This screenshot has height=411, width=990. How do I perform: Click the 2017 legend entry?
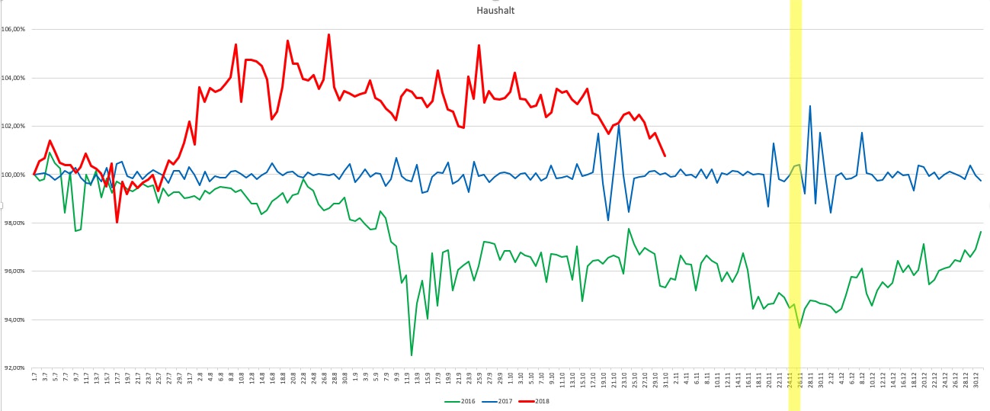click(503, 401)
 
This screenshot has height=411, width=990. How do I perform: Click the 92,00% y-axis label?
click(15, 368)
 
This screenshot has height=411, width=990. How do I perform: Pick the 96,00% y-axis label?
click(15, 271)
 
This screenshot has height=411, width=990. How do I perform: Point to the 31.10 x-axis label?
click(665, 380)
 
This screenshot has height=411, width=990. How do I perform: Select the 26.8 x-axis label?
click(328, 379)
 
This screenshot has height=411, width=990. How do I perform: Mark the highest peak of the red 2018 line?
click(328, 34)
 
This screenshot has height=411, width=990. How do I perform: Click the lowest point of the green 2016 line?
click(412, 355)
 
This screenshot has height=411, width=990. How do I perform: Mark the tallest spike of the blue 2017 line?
click(810, 106)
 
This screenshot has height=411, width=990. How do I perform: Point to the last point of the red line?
click(665, 156)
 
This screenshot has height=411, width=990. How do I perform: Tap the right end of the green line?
click(981, 231)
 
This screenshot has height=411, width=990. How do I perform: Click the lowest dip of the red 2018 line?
click(117, 222)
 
